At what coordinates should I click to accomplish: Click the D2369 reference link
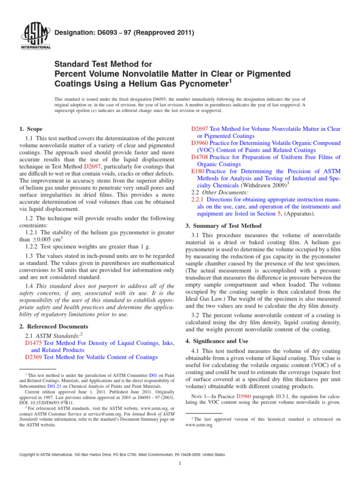tap(33, 357)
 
